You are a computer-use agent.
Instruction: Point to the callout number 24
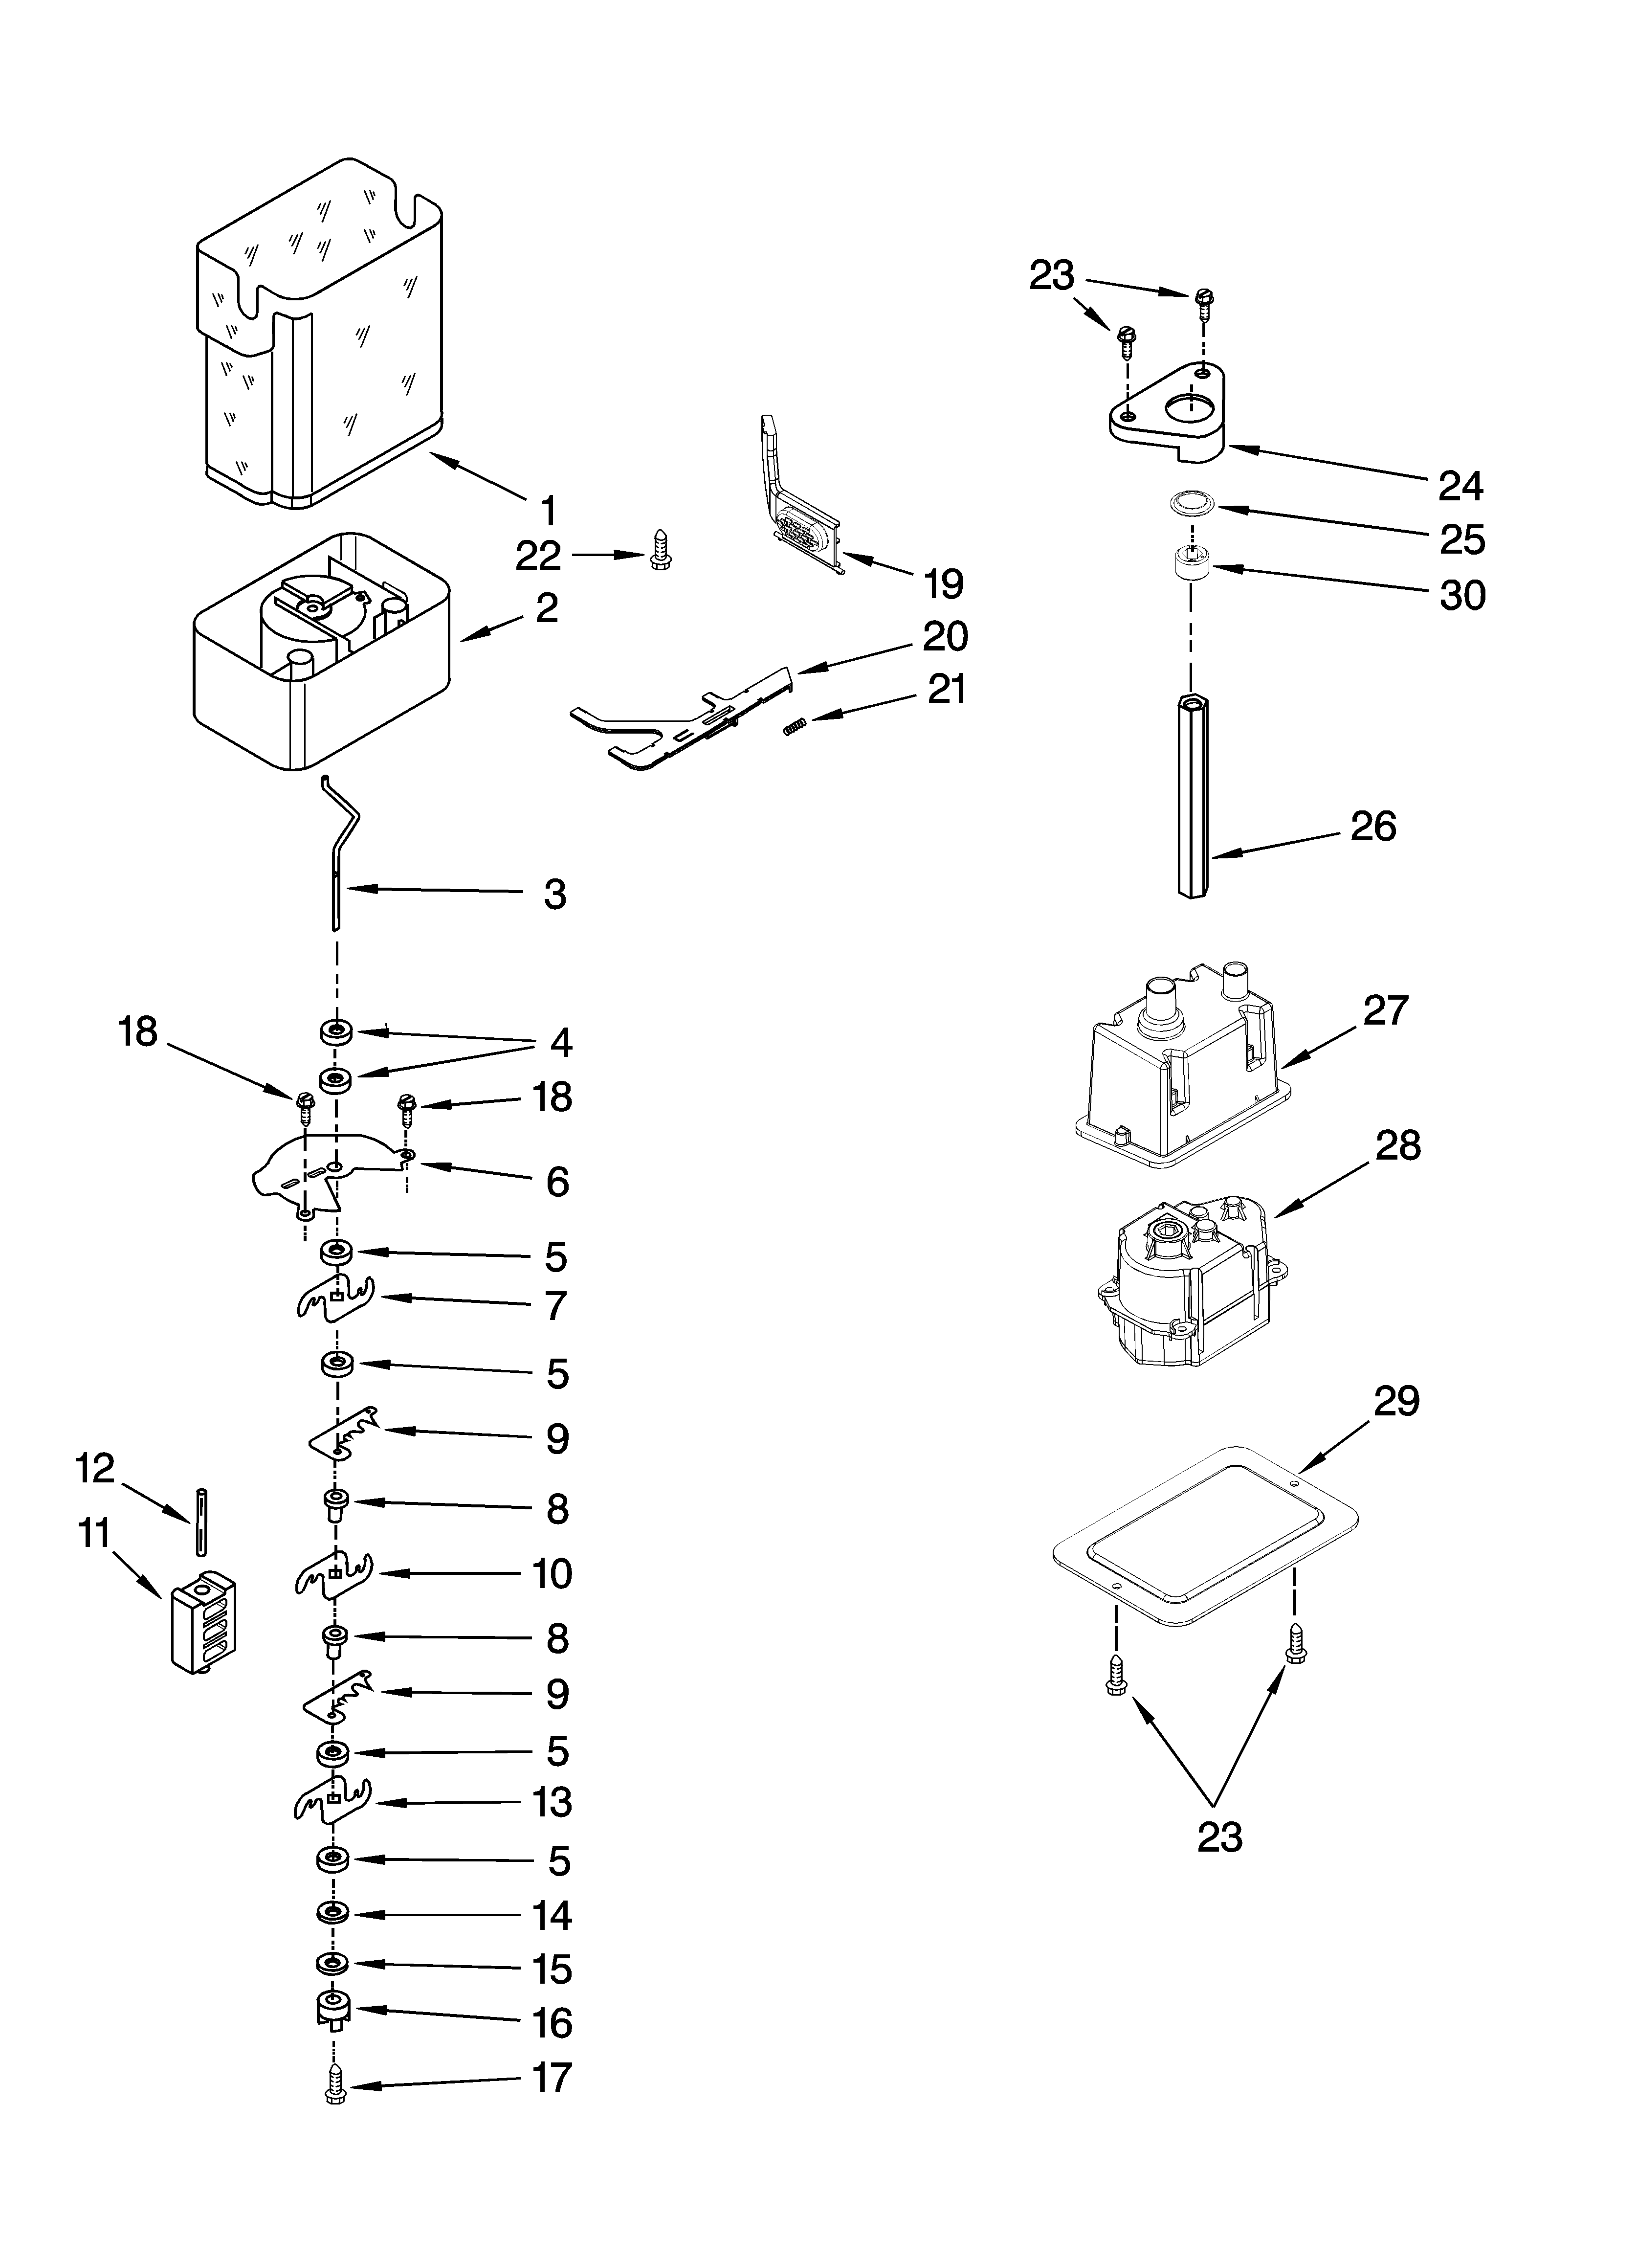(1460, 486)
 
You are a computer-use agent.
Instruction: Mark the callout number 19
(943, 583)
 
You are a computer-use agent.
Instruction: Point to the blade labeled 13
(332, 1799)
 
